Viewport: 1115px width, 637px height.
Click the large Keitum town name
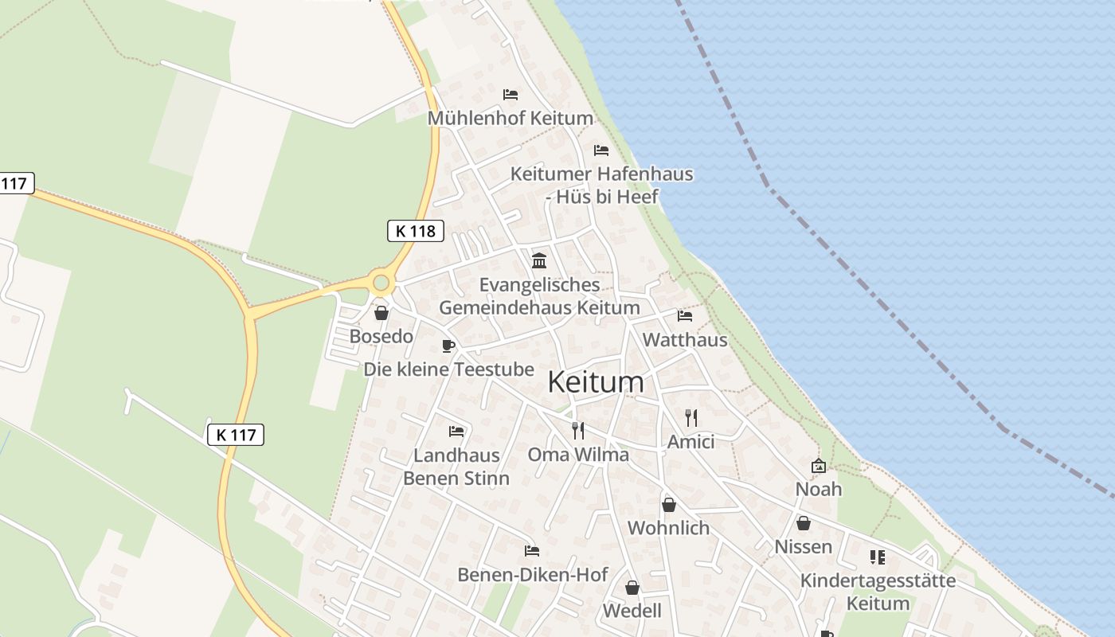coord(596,382)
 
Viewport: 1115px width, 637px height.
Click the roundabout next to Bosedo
coord(381,282)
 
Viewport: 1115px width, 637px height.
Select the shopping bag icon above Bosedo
coord(381,313)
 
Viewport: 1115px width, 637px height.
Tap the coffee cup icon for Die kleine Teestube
coord(448,346)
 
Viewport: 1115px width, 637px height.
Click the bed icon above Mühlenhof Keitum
coord(511,95)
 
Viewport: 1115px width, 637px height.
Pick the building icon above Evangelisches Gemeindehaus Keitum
coord(539,260)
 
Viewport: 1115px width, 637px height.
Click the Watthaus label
coord(685,340)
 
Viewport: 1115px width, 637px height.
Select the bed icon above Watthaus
coord(685,316)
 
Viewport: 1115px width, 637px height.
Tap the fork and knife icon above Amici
coord(691,417)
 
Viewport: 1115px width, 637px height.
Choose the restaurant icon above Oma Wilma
coord(578,431)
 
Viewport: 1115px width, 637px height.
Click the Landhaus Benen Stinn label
coord(456,467)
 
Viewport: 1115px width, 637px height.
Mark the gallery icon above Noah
coord(819,466)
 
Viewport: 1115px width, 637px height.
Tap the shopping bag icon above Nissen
coord(804,523)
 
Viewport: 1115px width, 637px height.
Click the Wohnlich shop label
coord(668,528)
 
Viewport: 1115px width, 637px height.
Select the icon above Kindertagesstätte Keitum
coord(878,557)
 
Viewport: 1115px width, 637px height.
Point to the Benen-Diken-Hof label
coord(533,574)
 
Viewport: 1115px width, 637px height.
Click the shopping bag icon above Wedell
coord(632,588)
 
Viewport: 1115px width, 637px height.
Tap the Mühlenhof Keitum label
coord(511,119)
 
